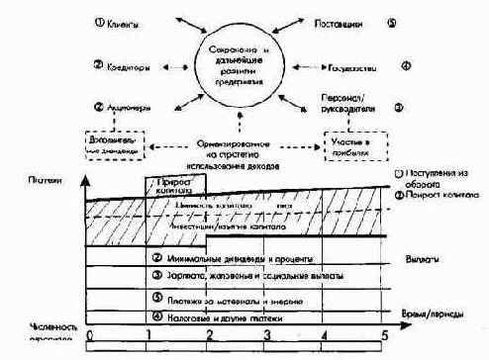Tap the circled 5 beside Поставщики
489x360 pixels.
coord(393,21)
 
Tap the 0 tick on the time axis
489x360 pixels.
coord(90,335)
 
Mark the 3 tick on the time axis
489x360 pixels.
coord(266,335)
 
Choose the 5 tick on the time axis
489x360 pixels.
coord(383,335)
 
